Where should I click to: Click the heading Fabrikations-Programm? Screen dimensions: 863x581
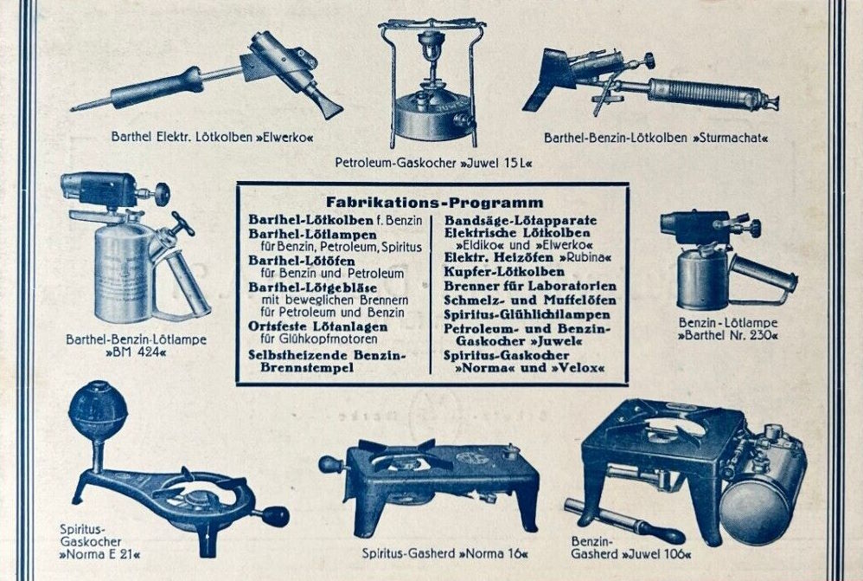pos(434,203)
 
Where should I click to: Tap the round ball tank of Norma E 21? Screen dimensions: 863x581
pos(98,410)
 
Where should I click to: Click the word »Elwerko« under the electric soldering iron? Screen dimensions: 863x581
pos(284,137)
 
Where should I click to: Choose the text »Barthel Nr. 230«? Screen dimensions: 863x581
pos(727,335)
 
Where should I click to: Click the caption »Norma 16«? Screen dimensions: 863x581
pos(493,553)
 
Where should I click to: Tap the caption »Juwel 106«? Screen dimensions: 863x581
pos(656,553)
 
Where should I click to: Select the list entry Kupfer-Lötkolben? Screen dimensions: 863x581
pos(504,272)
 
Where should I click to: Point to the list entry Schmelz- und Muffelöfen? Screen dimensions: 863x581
pos(530,300)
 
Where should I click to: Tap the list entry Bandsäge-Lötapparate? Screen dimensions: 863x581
pos(521,221)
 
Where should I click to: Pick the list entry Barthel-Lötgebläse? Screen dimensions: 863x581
pos(313,287)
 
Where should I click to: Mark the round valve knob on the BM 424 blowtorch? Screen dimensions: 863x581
pos(162,194)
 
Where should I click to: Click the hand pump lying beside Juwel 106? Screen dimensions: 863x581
pos(624,521)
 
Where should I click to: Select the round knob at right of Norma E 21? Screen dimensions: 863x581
pos(276,516)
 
